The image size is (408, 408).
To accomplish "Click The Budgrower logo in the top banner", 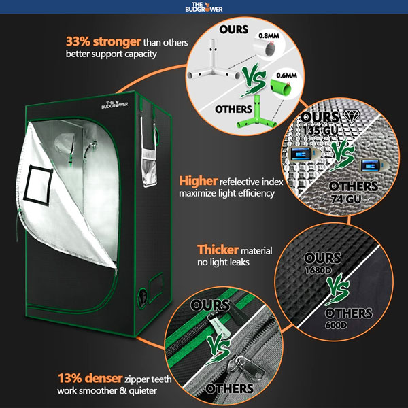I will [x=203, y=8].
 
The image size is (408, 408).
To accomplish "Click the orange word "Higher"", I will [x=198, y=182].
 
